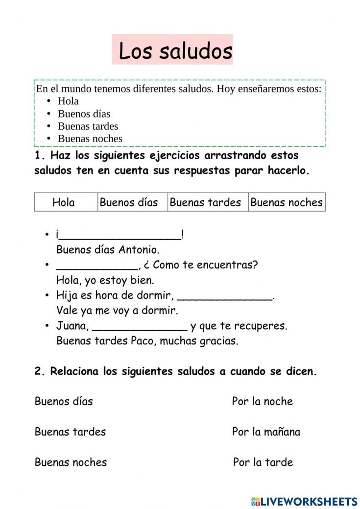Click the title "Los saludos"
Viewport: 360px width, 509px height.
[175, 51]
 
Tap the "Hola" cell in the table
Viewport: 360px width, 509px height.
[64, 202]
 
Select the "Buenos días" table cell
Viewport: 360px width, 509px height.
[129, 202]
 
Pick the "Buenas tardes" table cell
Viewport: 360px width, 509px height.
[206, 202]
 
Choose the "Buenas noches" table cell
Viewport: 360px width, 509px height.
[287, 202]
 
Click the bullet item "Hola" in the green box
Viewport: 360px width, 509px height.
[68, 101]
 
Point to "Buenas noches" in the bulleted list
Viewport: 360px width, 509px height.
[90, 139]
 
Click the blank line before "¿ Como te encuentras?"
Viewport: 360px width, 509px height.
[97, 267]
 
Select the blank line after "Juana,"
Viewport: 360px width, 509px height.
[140, 328]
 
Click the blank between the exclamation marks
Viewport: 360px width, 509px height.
[120, 237]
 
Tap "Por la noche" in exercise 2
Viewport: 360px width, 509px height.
[262, 402]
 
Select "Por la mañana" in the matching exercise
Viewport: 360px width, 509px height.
[266, 432]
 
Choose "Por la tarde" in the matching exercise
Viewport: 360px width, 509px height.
[263, 462]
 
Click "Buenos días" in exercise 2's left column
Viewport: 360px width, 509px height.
[64, 402]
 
